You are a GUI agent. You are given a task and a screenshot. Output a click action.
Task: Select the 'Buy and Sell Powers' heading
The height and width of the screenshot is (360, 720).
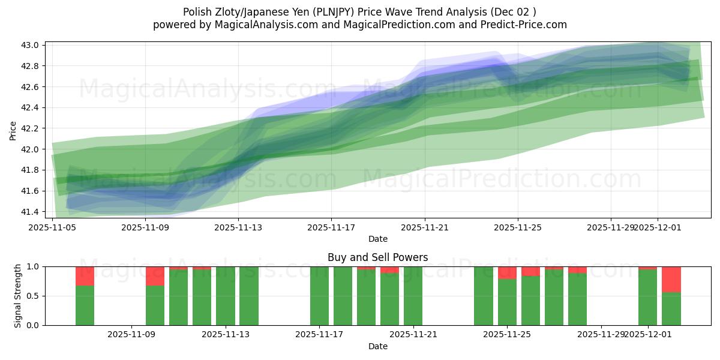pos(377,257)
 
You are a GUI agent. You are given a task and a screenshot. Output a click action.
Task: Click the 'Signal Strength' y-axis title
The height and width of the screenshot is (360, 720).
pos(18,296)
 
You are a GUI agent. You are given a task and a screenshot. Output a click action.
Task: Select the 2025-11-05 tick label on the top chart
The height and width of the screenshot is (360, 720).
pos(53,227)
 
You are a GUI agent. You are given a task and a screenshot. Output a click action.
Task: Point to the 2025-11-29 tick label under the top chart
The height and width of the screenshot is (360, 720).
pos(611,227)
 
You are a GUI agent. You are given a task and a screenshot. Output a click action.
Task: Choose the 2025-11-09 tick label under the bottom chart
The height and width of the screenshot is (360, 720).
pos(131,335)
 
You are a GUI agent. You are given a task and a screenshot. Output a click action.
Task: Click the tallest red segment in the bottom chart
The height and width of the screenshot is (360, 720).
pos(671,279)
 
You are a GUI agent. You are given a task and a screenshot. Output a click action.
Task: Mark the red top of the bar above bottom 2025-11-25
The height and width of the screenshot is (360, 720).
pos(507,273)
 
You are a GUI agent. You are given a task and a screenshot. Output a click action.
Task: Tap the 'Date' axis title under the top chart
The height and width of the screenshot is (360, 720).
pos(377,239)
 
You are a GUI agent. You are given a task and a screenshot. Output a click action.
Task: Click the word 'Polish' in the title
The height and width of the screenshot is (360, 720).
pos(197,11)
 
